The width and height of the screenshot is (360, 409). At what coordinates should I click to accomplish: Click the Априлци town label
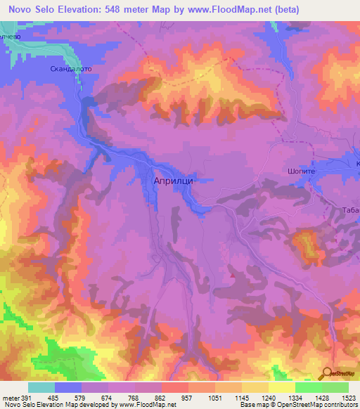(173, 180)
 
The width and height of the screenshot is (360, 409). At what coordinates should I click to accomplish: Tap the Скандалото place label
(71, 70)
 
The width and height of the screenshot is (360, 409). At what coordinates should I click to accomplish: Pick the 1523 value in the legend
(349, 398)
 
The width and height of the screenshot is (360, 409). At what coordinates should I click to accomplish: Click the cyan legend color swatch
(41, 387)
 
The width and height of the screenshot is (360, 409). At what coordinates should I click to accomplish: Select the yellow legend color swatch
(282, 387)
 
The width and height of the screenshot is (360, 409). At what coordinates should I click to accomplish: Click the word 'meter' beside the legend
(9, 398)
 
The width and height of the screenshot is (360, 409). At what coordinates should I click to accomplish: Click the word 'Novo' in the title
(22, 10)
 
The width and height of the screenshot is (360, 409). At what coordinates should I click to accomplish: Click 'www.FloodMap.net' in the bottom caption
(147, 405)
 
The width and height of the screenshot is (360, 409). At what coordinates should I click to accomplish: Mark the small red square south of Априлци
(232, 275)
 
